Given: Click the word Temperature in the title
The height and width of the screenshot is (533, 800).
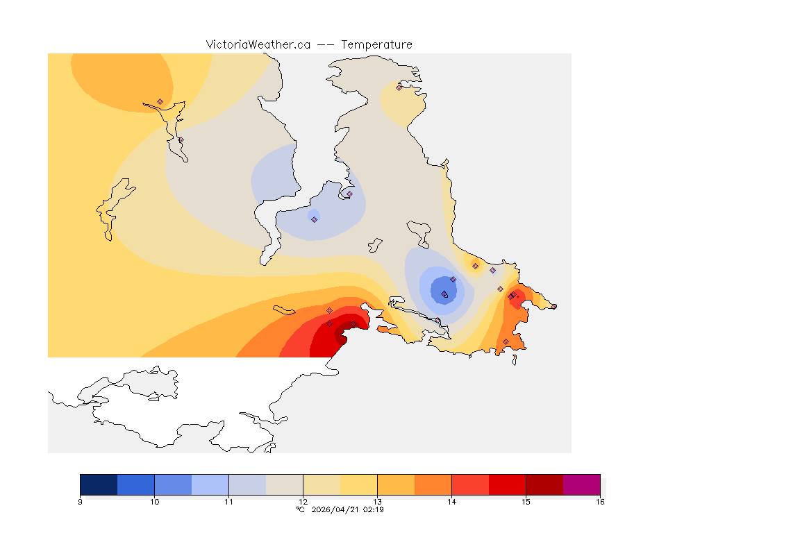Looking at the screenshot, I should (376, 44).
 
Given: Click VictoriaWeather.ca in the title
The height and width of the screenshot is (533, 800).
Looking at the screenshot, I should (258, 44).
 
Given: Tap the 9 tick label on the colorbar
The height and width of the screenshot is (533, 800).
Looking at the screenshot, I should (81, 501).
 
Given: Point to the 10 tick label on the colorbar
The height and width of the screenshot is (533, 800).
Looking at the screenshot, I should (154, 501).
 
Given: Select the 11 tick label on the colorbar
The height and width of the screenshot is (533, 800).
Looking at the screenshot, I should (228, 501).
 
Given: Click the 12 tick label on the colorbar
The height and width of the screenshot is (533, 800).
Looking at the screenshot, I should (303, 501).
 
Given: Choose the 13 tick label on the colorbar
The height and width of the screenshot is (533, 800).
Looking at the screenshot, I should (377, 501).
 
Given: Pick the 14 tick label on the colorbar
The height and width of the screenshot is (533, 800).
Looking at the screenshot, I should (451, 501).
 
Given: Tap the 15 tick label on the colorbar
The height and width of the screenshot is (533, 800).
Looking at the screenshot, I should (526, 501).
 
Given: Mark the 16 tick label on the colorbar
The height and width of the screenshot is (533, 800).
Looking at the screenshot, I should (599, 501).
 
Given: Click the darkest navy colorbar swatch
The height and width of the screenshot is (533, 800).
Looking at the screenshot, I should (99, 484).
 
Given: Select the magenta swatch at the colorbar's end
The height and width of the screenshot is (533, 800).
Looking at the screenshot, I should (581, 484).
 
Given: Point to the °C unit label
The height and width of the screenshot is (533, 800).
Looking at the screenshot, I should (300, 509).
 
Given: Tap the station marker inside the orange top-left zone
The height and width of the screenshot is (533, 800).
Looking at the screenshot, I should (160, 101).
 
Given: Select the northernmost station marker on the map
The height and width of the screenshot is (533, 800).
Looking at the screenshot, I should (399, 87).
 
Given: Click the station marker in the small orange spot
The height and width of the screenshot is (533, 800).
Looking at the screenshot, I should (475, 266).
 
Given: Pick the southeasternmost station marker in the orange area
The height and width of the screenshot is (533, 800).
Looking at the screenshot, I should (506, 341).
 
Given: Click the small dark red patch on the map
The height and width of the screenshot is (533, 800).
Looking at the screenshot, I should (340, 336).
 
